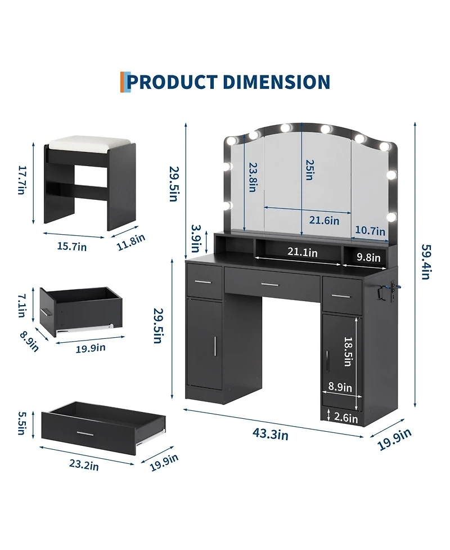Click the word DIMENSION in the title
[x=276, y=82]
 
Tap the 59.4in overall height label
[x=426, y=262]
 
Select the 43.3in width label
[x=270, y=434]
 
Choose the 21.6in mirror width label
[x=324, y=220]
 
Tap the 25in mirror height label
[x=309, y=170]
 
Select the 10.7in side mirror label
[x=370, y=230]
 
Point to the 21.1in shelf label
[x=303, y=252]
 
